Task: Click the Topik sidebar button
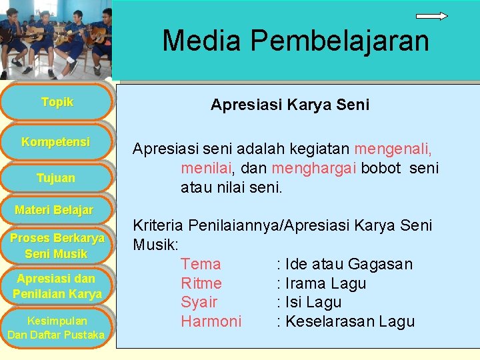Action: point(57,102)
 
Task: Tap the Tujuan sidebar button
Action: point(55,178)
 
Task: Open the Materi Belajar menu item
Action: point(54,211)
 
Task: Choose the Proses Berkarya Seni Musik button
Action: point(57,246)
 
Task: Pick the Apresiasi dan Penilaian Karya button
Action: point(57,286)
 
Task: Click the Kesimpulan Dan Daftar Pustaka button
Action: point(56,327)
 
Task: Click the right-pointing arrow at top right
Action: point(431,15)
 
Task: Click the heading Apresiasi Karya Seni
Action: point(290,105)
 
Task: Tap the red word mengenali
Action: point(393,149)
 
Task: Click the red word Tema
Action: point(201,264)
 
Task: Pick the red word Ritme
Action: point(201,283)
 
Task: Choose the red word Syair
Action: point(199,302)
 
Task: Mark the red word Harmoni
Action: point(211,321)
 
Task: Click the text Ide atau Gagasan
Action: point(349,264)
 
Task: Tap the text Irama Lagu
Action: point(325,283)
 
